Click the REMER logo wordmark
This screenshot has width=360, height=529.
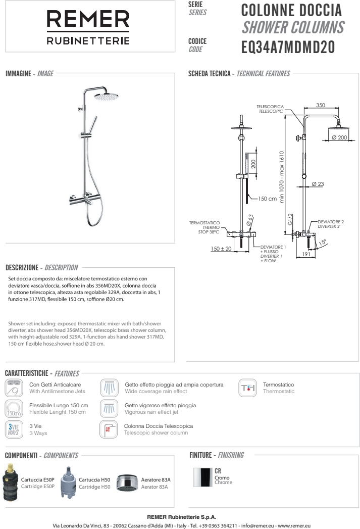[88, 20]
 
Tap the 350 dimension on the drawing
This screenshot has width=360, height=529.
[321, 105]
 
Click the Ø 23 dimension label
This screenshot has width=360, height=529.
[318, 184]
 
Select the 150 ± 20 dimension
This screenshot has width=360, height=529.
[221, 249]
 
